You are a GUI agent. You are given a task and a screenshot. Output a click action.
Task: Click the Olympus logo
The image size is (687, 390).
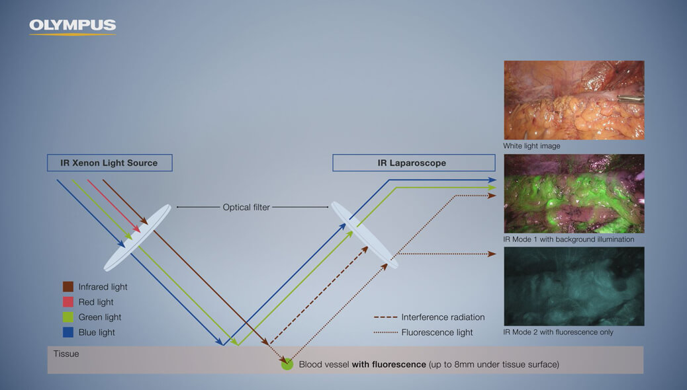72,26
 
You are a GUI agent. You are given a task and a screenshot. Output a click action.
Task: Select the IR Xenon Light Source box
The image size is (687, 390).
109,163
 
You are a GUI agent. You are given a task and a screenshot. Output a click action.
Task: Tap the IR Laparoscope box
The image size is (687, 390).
414,163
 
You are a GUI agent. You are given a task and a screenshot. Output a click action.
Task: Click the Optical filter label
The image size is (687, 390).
246,207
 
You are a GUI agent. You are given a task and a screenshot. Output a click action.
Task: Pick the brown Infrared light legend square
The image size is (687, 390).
68,287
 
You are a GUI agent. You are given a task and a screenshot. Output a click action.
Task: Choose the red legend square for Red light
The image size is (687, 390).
68,302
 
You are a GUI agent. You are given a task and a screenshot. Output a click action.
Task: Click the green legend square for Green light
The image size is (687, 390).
68,317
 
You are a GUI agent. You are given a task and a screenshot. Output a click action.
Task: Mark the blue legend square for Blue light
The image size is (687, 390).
68,332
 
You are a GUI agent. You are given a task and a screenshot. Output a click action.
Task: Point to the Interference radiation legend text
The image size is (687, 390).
443,317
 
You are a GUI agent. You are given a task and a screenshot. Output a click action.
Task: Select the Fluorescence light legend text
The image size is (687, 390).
437,332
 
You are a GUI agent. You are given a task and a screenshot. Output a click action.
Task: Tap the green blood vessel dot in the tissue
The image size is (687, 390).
287,364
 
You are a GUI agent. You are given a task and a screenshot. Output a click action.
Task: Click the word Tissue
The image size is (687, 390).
66,354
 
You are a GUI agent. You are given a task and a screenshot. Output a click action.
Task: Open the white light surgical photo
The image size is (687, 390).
574,100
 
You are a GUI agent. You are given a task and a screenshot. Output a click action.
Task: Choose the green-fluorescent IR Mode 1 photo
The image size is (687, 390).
574,194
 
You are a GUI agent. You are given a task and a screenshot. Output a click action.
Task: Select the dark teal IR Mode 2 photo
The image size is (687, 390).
574,286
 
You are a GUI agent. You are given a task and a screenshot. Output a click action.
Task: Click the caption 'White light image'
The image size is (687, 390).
531,146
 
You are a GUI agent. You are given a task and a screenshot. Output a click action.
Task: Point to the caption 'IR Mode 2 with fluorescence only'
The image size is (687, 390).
558,332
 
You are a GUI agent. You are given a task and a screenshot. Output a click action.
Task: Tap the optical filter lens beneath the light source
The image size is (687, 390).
137,237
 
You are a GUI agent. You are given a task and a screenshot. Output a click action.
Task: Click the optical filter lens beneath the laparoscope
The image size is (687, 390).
365,235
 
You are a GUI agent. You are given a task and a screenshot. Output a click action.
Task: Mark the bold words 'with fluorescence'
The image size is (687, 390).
389,364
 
